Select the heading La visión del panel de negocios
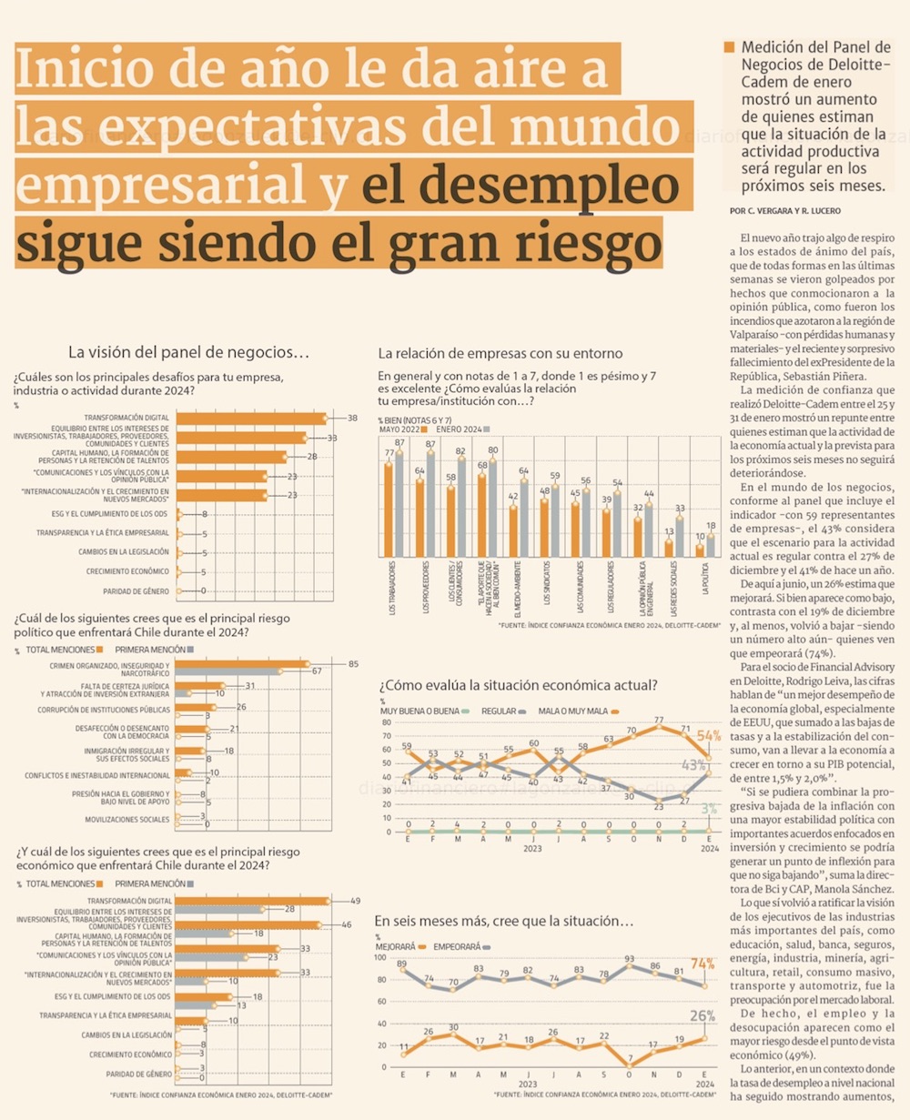(x=189, y=352)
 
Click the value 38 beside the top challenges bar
(x=352, y=418)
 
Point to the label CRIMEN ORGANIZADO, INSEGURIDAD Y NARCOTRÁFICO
(x=110, y=668)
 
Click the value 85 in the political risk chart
(x=353, y=663)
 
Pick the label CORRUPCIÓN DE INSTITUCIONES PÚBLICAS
(x=104, y=710)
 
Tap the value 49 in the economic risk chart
(x=355, y=901)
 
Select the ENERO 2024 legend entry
(x=459, y=428)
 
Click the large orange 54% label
(x=708, y=735)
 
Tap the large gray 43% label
(x=694, y=765)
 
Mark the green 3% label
(x=709, y=809)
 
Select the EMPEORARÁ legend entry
(x=459, y=947)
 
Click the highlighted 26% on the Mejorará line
(x=702, y=1016)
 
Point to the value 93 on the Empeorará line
(x=630, y=959)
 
